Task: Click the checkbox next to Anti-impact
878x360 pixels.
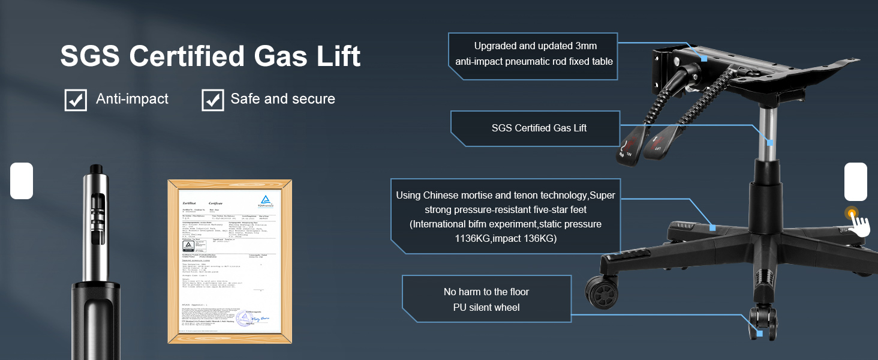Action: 76,100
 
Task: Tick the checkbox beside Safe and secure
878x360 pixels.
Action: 212,100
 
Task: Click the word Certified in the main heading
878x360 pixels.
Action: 187,56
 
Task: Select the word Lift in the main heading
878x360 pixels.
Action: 332,56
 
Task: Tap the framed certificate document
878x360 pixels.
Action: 230,262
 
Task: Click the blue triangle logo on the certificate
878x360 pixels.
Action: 266,201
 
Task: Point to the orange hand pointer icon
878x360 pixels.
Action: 856,222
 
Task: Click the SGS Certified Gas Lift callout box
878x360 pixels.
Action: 539,128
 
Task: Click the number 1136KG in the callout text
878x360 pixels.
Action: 477,238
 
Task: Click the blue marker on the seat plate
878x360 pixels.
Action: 704,58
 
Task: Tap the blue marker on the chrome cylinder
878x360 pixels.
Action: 771,143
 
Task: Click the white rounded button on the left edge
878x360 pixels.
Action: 21,181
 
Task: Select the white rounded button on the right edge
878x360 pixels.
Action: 856,181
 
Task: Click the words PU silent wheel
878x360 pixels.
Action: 486,307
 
